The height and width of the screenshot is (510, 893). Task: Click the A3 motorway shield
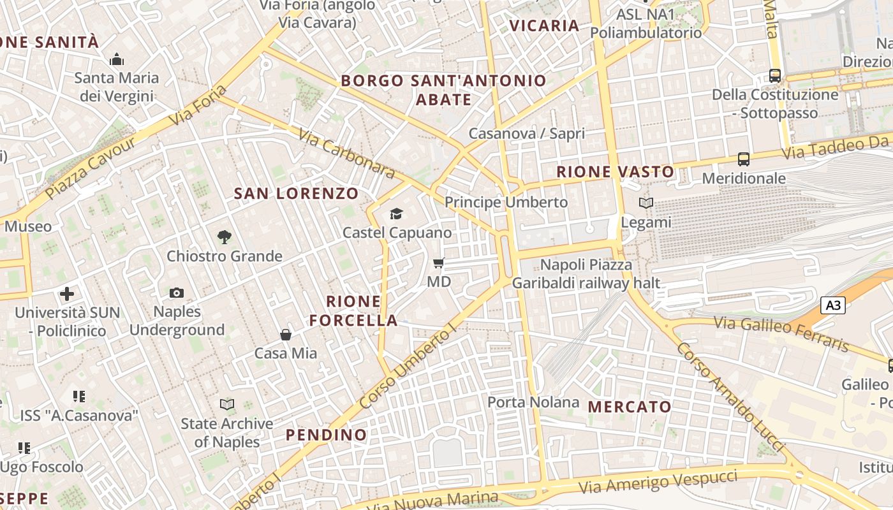tap(832, 305)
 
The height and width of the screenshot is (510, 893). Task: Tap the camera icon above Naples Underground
tap(177, 293)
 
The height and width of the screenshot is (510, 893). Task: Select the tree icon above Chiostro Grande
tap(224, 237)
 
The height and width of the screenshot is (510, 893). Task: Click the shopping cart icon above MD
tap(438, 263)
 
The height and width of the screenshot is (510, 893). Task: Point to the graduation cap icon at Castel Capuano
tap(397, 214)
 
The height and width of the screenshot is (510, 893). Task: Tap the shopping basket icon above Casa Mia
tap(286, 335)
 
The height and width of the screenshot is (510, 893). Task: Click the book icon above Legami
tap(646, 203)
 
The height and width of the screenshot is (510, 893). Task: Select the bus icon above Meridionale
tap(744, 159)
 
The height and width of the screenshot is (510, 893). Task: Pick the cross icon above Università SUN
tap(67, 294)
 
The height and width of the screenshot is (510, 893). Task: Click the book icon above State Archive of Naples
tap(226, 404)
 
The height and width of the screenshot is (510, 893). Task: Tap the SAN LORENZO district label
tap(296, 194)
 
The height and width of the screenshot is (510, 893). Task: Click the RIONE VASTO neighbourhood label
tap(615, 171)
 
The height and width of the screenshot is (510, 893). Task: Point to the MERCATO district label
tap(630, 407)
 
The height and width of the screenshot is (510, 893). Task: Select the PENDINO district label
tap(327, 435)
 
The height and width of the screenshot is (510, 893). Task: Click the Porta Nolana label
tap(533, 402)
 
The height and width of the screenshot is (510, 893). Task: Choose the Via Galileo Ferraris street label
tap(781, 333)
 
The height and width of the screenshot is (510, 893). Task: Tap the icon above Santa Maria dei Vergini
tap(117, 59)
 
